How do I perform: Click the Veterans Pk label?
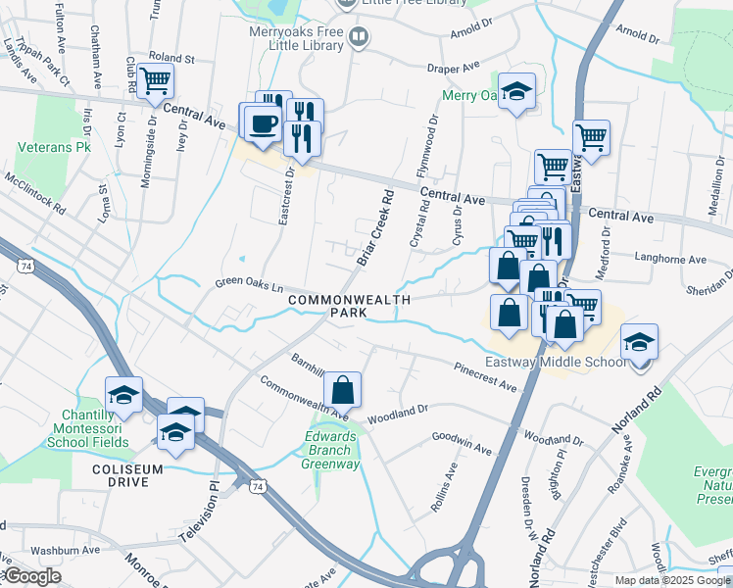click(x=54, y=147)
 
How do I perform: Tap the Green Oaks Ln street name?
click(x=249, y=286)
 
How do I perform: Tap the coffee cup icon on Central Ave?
click(x=262, y=123)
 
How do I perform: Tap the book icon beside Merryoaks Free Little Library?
click(x=359, y=38)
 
